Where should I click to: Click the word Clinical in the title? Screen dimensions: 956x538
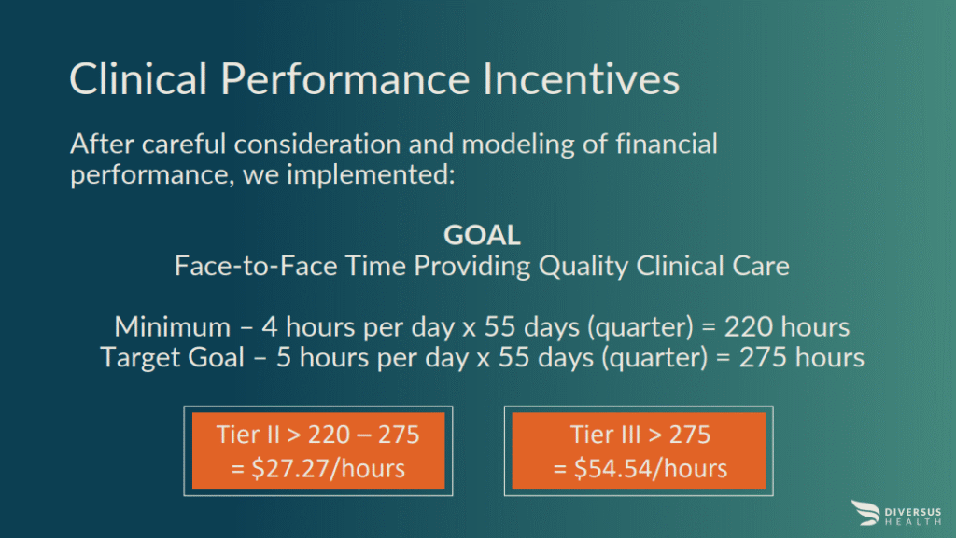[138, 78]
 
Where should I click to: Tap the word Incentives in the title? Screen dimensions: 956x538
[581, 78]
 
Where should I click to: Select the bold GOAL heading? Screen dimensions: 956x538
[482, 235]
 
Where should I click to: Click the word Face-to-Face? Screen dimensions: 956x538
[256, 266]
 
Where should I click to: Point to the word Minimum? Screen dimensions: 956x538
[173, 327]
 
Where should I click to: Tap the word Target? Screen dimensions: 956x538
[140, 357]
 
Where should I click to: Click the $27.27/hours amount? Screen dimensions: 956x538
[328, 469]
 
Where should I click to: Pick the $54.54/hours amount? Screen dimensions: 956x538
[651, 469]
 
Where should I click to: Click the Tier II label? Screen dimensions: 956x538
[247, 435]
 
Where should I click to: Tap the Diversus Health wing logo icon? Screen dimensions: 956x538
[865, 513]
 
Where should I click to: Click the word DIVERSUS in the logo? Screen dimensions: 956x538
[913, 513]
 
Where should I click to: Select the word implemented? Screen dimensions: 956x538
[371, 175]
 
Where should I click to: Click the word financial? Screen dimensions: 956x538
[667, 144]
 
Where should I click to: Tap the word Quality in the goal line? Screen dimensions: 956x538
[583, 267]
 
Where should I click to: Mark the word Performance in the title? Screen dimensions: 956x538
[345, 78]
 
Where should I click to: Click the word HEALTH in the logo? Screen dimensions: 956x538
[913, 522]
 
